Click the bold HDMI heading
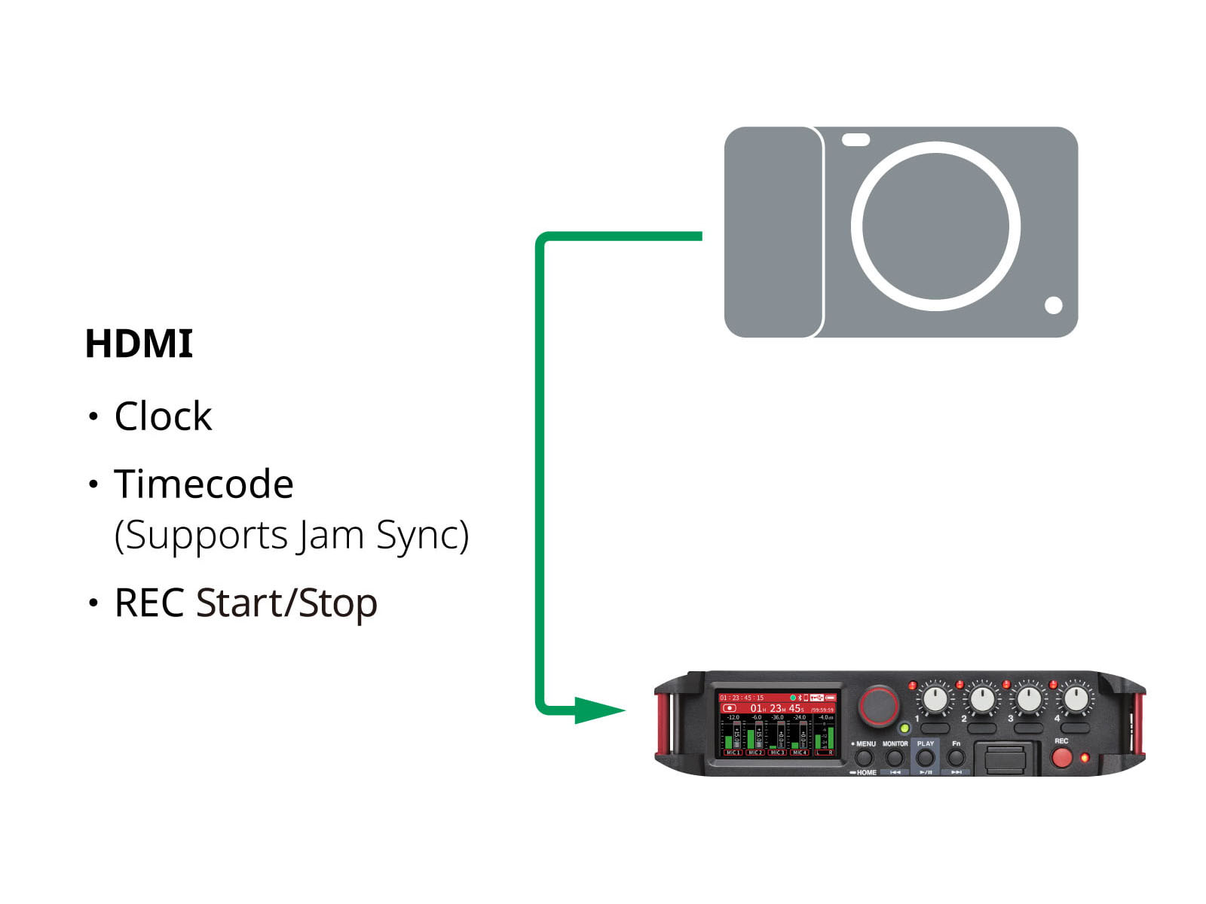click(x=139, y=344)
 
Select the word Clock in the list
click(x=163, y=416)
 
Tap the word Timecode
click(x=204, y=484)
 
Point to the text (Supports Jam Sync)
click(x=291, y=536)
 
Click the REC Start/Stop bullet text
click(x=246, y=603)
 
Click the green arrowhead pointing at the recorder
click(x=599, y=710)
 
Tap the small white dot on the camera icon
click(x=1053, y=305)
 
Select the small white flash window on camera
click(x=856, y=140)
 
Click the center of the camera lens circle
click(x=935, y=226)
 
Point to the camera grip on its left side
click(x=773, y=232)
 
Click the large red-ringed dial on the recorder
click(x=879, y=706)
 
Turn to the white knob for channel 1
click(x=935, y=699)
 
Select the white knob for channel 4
click(x=1076, y=699)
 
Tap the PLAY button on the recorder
click(x=925, y=757)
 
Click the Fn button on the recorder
click(x=956, y=757)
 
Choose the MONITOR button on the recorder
click(x=895, y=757)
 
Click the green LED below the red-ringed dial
click(x=904, y=728)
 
